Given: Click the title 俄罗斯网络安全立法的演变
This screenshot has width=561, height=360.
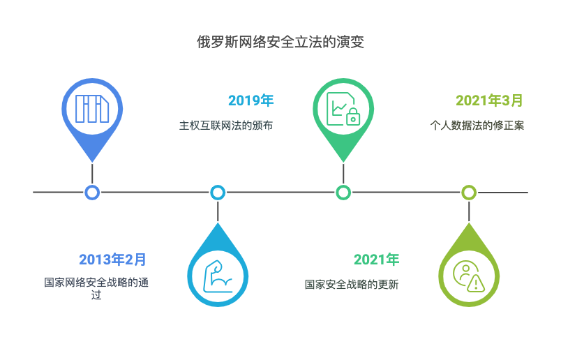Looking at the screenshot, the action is pyautogui.click(x=280, y=42).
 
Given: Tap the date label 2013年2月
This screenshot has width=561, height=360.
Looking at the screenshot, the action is pyautogui.click(x=112, y=260).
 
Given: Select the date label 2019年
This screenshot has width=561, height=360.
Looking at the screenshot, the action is pyautogui.click(x=250, y=100).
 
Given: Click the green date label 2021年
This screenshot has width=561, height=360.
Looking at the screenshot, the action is pyautogui.click(x=376, y=260).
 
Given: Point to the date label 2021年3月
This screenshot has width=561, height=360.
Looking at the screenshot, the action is pyautogui.click(x=489, y=100).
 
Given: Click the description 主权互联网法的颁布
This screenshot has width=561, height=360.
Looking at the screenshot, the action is pyautogui.click(x=225, y=126).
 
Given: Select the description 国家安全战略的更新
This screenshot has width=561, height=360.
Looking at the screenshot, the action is pyautogui.click(x=352, y=285).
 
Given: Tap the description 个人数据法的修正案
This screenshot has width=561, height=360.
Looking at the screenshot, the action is pyautogui.click(x=477, y=126).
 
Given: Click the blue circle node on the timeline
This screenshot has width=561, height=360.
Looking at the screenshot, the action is pyautogui.click(x=92, y=192).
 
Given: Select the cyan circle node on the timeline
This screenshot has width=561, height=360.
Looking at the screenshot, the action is pyautogui.click(x=218, y=192).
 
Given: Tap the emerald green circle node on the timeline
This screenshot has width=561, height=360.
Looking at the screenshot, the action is pyautogui.click(x=343, y=192).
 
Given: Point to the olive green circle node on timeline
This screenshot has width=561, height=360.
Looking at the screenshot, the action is pyautogui.click(x=469, y=192).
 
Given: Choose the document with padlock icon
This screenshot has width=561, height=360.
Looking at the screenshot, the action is pyautogui.click(x=343, y=108).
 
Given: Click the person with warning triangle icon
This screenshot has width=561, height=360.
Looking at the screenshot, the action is pyautogui.click(x=468, y=276).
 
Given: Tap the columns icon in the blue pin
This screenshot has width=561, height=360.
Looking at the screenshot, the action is pyautogui.click(x=92, y=108).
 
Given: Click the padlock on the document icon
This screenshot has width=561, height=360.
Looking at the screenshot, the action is pyautogui.click(x=352, y=116).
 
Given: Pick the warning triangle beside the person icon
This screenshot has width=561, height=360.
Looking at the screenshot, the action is pyautogui.click(x=477, y=283).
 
